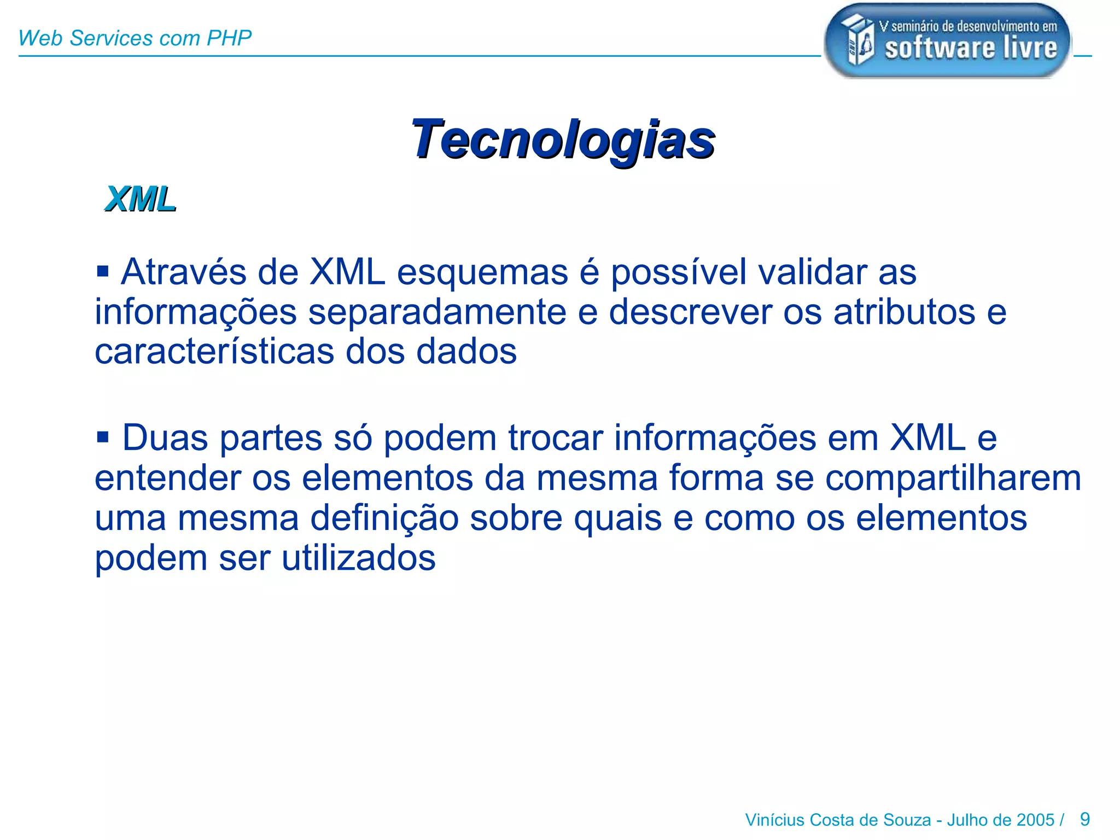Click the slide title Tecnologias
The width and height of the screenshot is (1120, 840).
pos(563,139)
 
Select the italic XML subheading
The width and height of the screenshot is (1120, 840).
pos(141,199)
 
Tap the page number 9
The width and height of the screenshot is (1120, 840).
pos(1085,819)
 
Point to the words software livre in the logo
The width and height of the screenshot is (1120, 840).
pos(971,48)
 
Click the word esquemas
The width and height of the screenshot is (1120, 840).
pos(482,273)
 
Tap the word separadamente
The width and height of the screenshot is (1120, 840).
pos(437,312)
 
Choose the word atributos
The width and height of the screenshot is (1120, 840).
pos(904,312)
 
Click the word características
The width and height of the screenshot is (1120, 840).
pos(214,352)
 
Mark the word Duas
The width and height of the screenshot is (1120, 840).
pos(165,438)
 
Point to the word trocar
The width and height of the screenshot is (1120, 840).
pos(556,438)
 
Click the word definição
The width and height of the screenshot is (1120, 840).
pos(384,518)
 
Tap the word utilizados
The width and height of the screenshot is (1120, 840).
pos(358,558)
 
